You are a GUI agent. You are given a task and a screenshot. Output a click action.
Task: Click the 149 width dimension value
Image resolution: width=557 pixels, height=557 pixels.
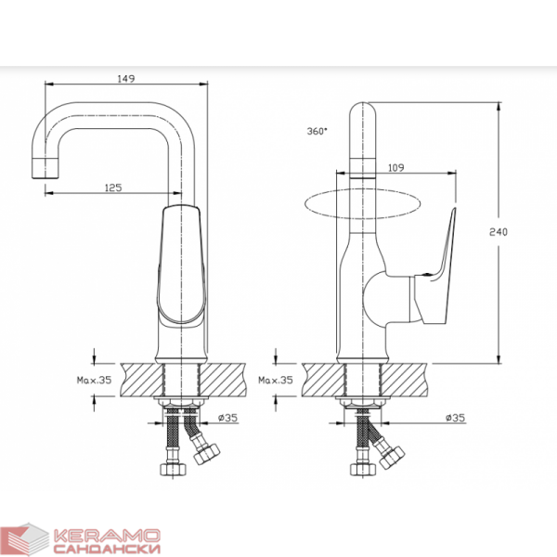coord(126,79)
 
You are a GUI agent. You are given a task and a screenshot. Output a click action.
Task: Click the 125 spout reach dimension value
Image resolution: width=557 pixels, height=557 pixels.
coord(113,188)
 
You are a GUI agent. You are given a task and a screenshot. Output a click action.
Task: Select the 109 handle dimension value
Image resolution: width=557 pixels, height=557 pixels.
coord(396,168)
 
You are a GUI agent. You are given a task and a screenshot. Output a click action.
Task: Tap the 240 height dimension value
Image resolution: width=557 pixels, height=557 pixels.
coord(499,232)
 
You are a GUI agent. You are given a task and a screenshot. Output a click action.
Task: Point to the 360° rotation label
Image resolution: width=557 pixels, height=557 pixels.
coord(317,131)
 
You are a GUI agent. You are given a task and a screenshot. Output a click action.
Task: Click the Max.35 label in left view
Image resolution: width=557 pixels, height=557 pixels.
coord(94,380)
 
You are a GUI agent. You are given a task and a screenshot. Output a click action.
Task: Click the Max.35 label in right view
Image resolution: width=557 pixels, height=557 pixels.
coord(276,380)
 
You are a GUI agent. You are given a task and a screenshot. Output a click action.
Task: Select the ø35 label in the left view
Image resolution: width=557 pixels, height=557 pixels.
coord(227,418)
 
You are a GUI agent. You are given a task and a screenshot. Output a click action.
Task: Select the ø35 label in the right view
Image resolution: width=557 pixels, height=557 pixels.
coord(456,418)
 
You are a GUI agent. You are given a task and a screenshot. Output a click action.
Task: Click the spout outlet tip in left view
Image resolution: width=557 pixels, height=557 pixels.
coord(45,168)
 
